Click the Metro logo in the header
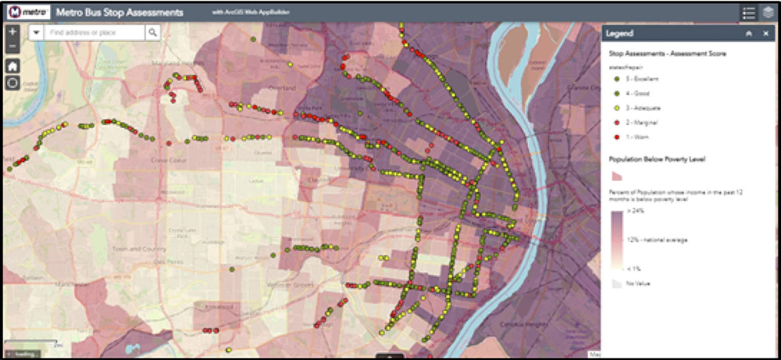(29, 12)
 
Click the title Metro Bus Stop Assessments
(119, 13)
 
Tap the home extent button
(12, 66)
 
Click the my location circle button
(12, 82)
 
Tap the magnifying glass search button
(153, 33)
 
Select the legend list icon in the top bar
(748, 12)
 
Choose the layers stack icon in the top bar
(769, 12)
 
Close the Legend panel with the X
(766, 34)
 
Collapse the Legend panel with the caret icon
(748, 34)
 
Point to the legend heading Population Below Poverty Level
(657, 160)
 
